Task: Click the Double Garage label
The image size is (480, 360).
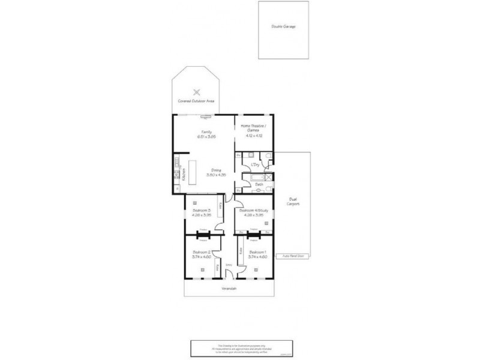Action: (283, 27)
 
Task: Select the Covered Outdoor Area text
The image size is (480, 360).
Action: (196, 101)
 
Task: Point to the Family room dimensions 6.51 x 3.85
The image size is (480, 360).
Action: (206, 137)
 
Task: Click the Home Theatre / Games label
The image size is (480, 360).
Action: (254, 127)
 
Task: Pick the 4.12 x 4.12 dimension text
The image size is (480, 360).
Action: (254, 136)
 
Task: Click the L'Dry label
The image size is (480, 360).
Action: (254, 164)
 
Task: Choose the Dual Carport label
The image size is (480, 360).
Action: (293, 202)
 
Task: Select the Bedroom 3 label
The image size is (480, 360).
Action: (201, 211)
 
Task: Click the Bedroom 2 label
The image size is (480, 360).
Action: (200, 252)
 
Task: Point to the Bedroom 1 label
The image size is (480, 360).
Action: (257, 252)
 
